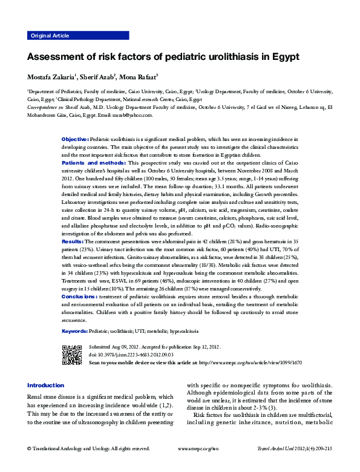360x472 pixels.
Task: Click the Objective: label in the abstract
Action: [75, 139]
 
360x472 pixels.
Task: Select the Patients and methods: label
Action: [93, 163]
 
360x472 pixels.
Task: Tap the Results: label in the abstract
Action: [73, 241]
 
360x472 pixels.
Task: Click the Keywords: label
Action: [75, 332]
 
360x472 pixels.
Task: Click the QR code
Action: [71, 354]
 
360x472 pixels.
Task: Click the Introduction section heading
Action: [45, 385]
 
